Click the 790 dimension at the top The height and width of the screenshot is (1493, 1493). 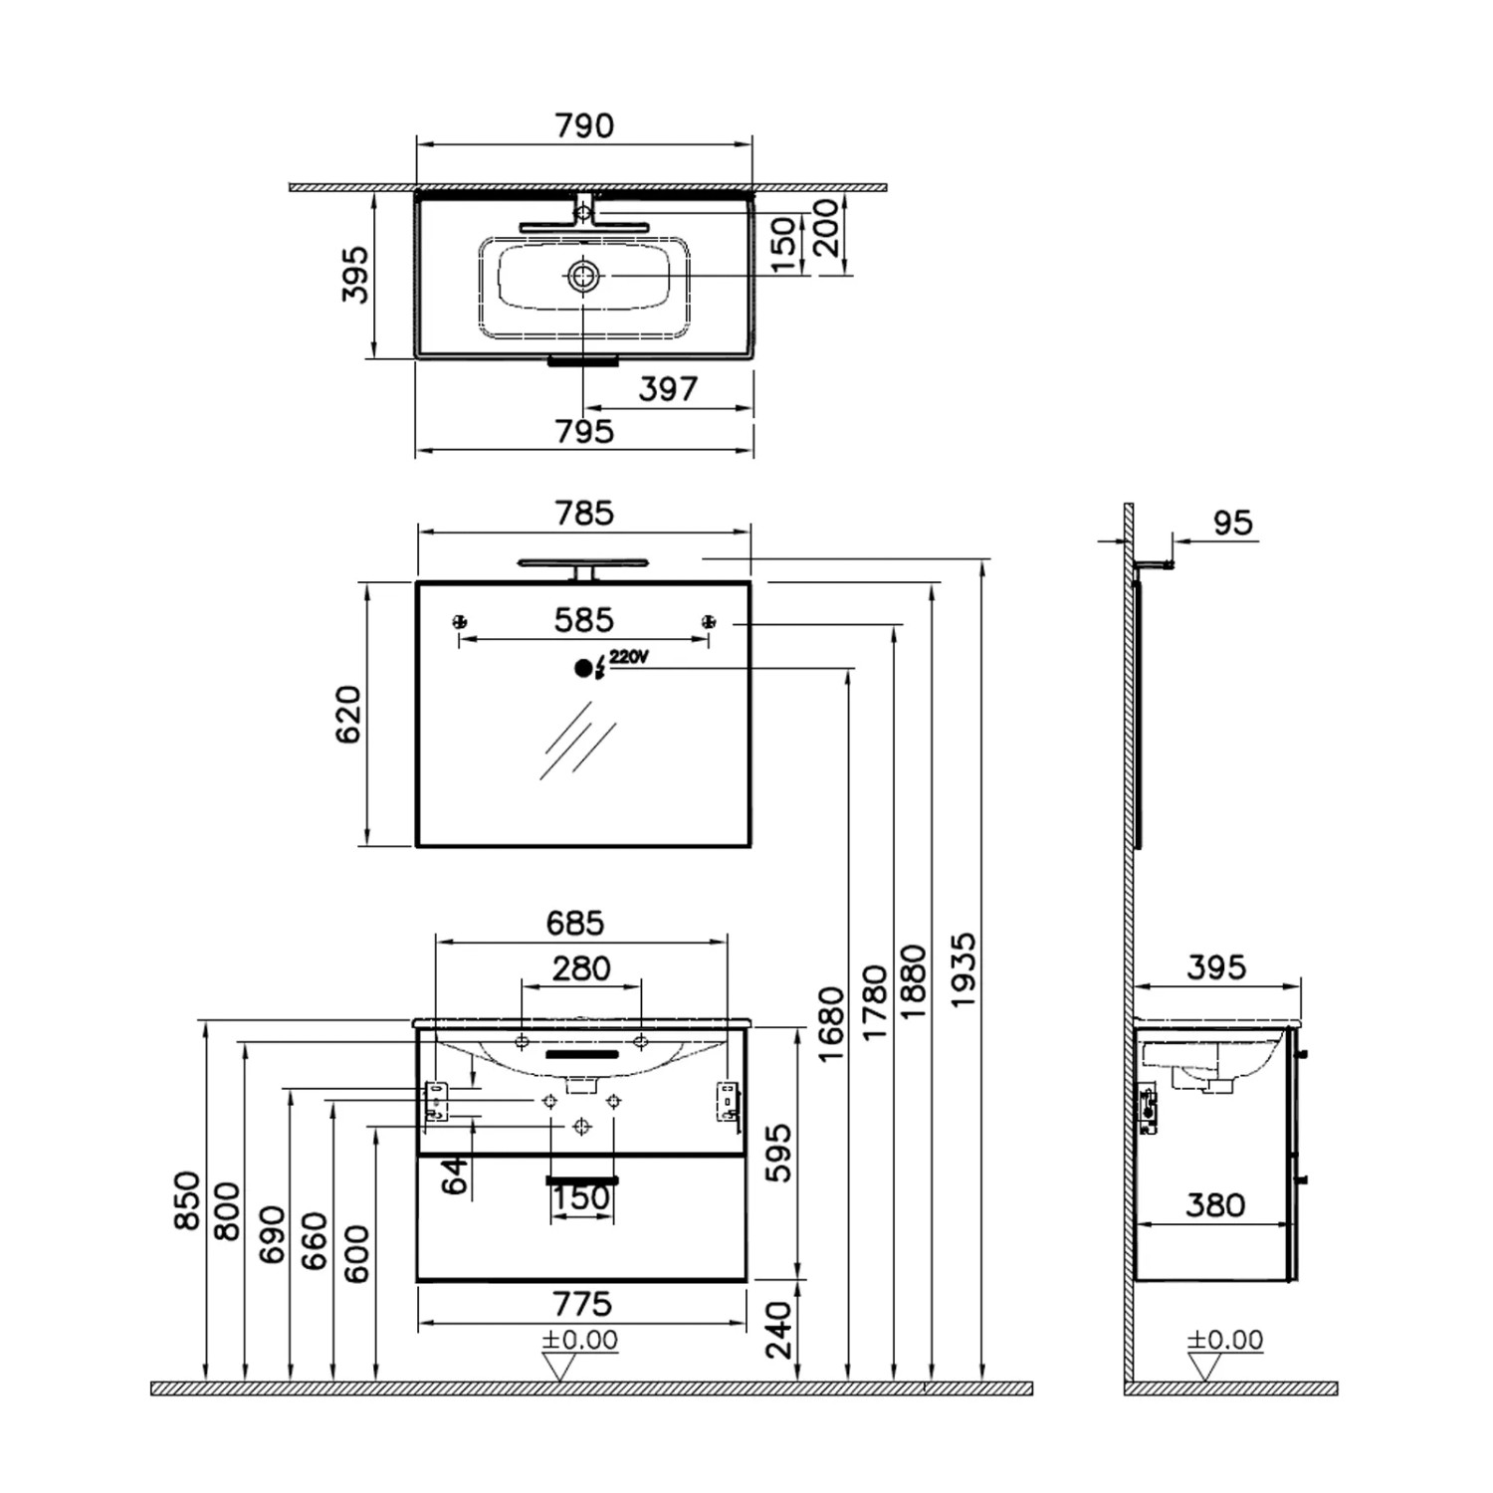(x=584, y=126)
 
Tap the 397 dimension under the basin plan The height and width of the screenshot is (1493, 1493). (x=667, y=388)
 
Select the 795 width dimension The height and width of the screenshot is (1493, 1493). (x=584, y=432)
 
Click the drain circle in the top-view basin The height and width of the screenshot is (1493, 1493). (x=583, y=276)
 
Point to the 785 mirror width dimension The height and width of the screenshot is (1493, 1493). (x=584, y=514)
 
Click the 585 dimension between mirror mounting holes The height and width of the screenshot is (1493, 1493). (x=584, y=621)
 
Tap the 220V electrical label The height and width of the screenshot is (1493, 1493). (x=629, y=657)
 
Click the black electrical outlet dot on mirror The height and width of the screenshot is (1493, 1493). (x=583, y=669)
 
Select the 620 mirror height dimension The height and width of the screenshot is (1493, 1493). (x=348, y=714)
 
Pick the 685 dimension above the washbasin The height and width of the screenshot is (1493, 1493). (x=575, y=924)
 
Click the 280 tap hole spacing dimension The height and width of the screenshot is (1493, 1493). (x=581, y=968)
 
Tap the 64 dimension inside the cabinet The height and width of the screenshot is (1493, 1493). (x=456, y=1175)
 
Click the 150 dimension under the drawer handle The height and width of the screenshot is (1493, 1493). (x=581, y=1198)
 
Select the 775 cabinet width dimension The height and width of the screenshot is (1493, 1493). (x=581, y=1304)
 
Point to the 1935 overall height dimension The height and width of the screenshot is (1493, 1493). (x=962, y=970)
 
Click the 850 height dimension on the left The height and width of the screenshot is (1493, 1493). (x=187, y=1200)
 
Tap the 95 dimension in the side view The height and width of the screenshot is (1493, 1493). (x=1232, y=524)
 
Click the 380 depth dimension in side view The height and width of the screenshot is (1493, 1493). (x=1215, y=1205)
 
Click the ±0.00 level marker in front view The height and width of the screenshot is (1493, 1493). (x=579, y=1341)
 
